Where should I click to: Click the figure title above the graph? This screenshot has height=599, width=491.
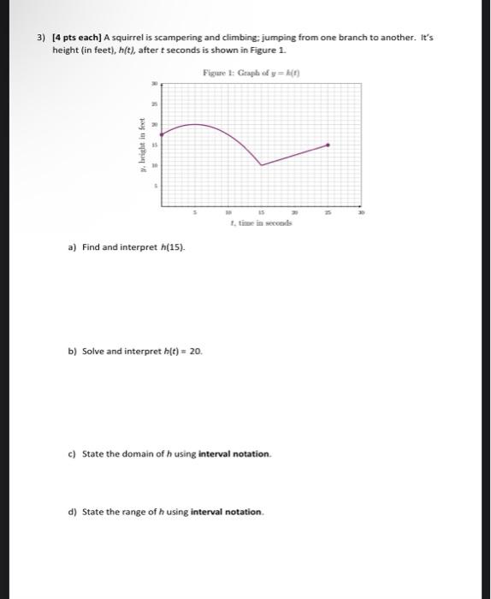click(x=244, y=74)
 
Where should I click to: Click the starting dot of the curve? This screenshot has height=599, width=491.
click(x=162, y=133)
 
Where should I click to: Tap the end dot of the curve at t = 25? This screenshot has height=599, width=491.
click(x=328, y=145)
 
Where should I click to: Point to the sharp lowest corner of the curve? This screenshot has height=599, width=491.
click(x=261, y=164)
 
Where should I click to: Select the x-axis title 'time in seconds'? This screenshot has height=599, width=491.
click(x=260, y=222)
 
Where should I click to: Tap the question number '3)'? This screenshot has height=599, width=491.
click(x=40, y=39)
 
